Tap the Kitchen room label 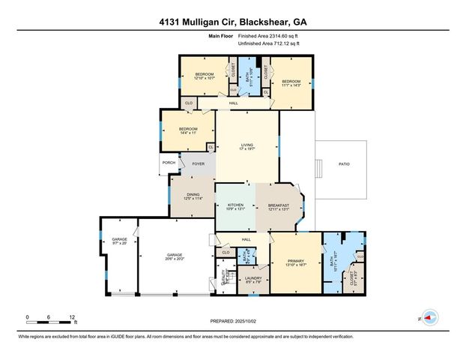(x=236, y=206)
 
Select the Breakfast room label (x=277, y=206)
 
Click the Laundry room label (x=252, y=280)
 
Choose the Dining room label (x=193, y=196)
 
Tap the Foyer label (x=199, y=163)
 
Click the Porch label (x=168, y=163)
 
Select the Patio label (x=344, y=163)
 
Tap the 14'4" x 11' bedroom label (x=187, y=130)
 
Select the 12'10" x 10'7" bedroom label (x=205, y=76)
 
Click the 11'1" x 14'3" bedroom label (x=291, y=83)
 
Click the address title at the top (x=233, y=21)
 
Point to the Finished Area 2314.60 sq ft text (x=268, y=36)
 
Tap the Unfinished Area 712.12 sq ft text (x=268, y=43)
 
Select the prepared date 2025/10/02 (x=233, y=320)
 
